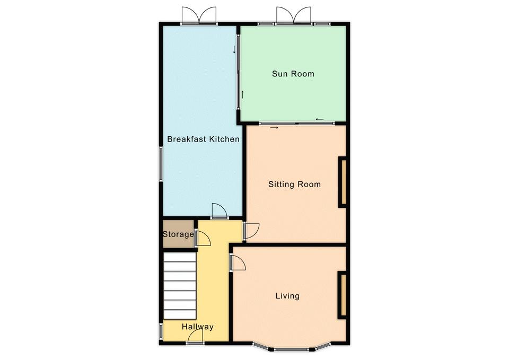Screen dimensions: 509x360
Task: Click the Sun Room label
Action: pyautogui.click(x=293, y=74)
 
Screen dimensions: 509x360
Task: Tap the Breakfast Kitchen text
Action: pyautogui.click(x=203, y=139)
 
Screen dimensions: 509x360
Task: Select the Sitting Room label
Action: pyautogui.click(x=294, y=185)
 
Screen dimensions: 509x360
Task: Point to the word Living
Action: pyautogui.click(x=287, y=296)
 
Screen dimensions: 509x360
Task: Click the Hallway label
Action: pyautogui.click(x=197, y=327)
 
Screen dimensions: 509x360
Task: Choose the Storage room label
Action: pyautogui.click(x=178, y=234)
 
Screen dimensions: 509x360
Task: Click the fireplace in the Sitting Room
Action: pyautogui.click(x=343, y=182)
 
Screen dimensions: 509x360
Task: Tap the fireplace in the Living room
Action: pyautogui.click(x=343, y=295)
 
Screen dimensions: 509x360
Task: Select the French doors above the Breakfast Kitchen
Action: pyautogui.click(x=199, y=15)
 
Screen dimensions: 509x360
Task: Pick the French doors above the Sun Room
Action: pyautogui.click(x=293, y=15)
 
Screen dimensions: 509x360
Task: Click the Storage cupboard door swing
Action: pyautogui.click(x=203, y=238)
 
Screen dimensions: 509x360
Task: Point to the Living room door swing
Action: pyautogui.click(x=238, y=262)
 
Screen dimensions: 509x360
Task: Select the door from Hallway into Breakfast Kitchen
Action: pyautogui.click(x=219, y=211)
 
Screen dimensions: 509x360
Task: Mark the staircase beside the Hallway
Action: pyautogui.click(x=180, y=286)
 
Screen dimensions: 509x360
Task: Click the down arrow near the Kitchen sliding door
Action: pyautogui.click(x=234, y=50)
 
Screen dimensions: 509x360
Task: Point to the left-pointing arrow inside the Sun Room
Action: pyautogui.click(x=319, y=119)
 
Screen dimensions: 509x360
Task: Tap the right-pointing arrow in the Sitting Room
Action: pyautogui.click(x=274, y=128)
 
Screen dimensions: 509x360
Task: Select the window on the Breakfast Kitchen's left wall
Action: pyautogui.click(x=160, y=164)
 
